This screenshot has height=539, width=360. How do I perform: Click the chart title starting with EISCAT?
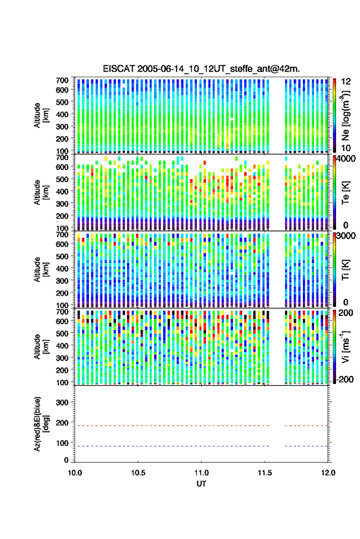(x=201, y=69)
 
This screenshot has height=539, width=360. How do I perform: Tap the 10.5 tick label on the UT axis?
(x=138, y=473)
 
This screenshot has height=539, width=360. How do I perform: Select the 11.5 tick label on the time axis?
(x=264, y=473)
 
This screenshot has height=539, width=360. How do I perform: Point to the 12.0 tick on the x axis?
(x=328, y=473)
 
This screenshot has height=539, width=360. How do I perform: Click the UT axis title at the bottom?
(x=201, y=484)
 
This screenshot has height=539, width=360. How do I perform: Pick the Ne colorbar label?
(x=346, y=115)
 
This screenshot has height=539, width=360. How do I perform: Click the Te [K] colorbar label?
(x=345, y=193)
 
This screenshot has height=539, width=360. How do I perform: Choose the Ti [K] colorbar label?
(x=345, y=270)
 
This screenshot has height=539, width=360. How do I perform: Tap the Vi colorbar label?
(x=345, y=346)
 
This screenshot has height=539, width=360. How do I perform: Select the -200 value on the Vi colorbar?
(x=344, y=379)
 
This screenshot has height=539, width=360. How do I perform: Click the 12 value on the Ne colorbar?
(x=347, y=82)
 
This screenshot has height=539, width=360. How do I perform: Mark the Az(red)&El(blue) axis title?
(x=41, y=424)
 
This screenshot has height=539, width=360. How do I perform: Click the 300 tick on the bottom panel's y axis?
(x=62, y=402)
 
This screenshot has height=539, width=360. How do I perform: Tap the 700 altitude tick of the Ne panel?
(x=62, y=80)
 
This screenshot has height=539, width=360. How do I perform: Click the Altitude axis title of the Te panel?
(x=41, y=193)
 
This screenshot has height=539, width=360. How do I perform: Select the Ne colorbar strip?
(x=335, y=115)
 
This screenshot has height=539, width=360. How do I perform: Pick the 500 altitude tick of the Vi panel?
(x=62, y=333)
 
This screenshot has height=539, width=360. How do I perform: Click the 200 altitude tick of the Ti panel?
(x=62, y=293)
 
